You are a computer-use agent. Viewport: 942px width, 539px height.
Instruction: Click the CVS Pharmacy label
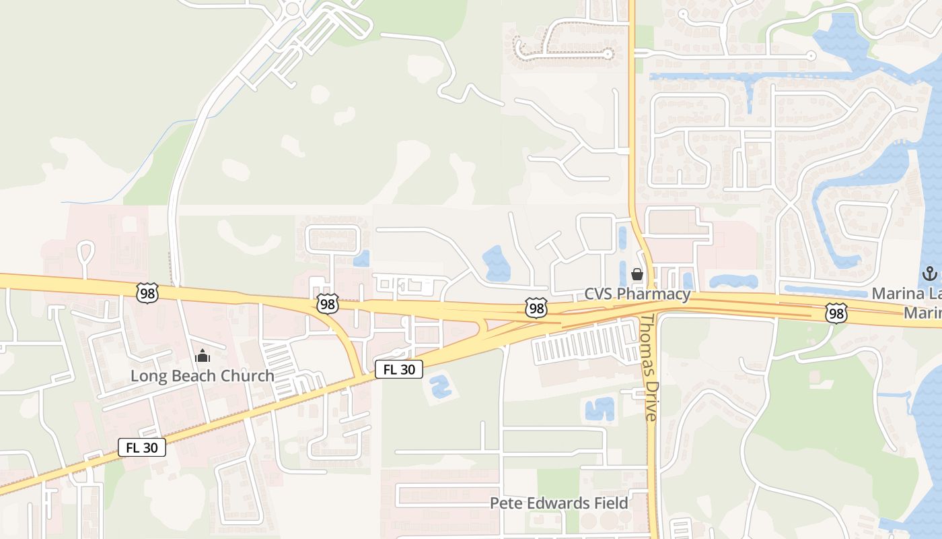[x=637, y=294]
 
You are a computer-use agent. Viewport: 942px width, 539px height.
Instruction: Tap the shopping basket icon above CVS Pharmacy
[x=637, y=274]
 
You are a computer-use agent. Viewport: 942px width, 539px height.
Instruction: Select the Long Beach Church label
[x=202, y=376]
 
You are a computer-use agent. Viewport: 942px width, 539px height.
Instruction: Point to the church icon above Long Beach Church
[x=203, y=356]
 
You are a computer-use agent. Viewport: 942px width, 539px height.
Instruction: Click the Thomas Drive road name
[x=649, y=367]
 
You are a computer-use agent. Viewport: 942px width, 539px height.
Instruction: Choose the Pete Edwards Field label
[x=558, y=503]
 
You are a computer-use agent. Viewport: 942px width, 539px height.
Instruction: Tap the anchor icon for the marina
[x=929, y=274]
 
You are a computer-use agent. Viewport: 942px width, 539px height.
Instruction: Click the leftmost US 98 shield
[x=147, y=293]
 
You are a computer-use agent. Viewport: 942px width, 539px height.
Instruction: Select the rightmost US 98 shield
[x=836, y=313]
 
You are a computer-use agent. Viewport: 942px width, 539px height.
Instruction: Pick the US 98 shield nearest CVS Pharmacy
[x=536, y=309]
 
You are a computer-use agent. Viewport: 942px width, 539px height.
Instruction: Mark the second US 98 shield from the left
[x=327, y=304]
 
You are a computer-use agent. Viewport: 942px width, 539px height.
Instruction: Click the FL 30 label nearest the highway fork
[x=399, y=369]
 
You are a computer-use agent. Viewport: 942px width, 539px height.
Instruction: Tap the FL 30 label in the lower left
[x=142, y=447]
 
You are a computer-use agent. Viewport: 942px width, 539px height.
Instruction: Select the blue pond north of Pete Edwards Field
[x=600, y=409]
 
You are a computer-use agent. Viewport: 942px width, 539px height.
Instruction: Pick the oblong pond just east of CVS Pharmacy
[x=733, y=281]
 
